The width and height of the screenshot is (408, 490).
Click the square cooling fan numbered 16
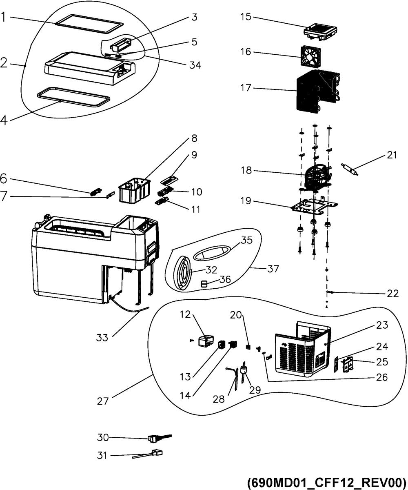coord(310,55)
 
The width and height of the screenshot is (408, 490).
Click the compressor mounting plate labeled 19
coord(314,206)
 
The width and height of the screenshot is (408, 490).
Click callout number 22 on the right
coord(392,293)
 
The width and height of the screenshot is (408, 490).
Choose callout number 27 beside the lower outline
coord(103,401)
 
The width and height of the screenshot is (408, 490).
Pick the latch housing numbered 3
coord(120,45)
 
